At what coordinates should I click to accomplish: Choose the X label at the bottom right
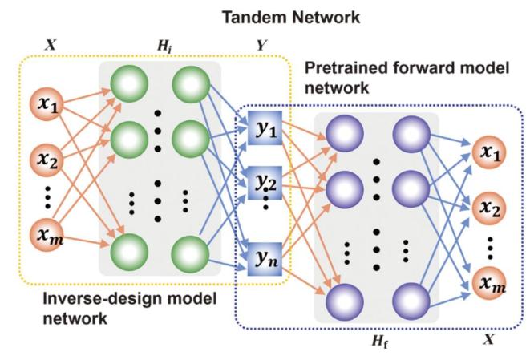pyautogui.click(x=490, y=342)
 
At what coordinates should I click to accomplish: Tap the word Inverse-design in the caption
pyautogui.click(x=80, y=301)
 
